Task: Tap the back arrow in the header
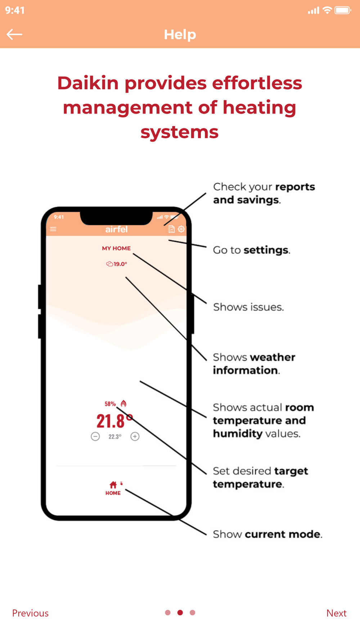pos(14,35)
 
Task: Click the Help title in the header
pos(180,35)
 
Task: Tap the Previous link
pos(30,613)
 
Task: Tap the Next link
pos(336,613)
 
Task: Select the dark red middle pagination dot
pos(180,613)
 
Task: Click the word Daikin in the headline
pos(88,83)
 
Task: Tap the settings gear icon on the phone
pos(181,229)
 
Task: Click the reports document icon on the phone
pos(172,229)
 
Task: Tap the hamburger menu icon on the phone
pos(53,229)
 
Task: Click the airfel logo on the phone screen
pos(116,229)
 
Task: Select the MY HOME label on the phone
pos(116,248)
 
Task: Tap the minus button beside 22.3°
pos(95,437)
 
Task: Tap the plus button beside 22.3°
pos(135,437)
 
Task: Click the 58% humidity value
pos(110,404)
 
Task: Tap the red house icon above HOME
pos(113,485)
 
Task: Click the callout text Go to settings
pos(252,250)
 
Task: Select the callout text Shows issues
pos(248,307)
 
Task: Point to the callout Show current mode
pos(267,534)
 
